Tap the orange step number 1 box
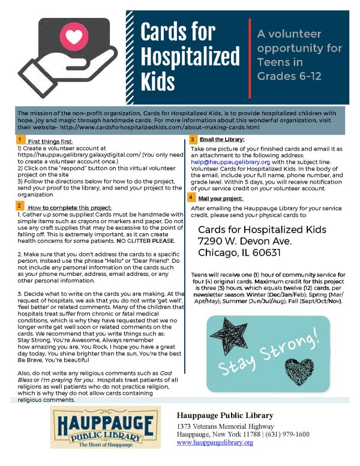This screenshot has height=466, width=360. (x=20, y=139)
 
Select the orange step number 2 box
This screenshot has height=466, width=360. (x=20, y=205)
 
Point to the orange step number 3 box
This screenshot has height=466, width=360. (x=191, y=139)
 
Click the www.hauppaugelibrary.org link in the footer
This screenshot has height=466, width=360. (x=215, y=442)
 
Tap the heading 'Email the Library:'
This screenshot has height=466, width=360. (x=220, y=140)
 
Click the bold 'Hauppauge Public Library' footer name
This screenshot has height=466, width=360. (x=225, y=416)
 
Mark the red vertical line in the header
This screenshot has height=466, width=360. (x=250, y=58)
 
